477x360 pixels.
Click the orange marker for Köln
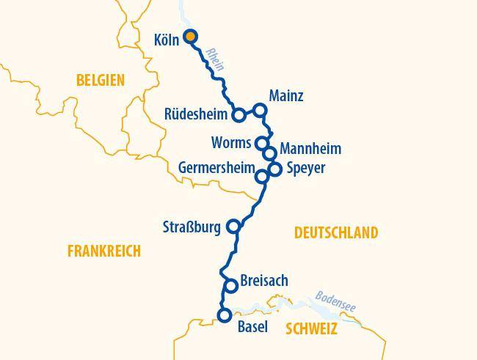tap(190, 36)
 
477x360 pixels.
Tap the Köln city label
tap(167, 40)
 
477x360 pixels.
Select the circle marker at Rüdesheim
tap(238, 115)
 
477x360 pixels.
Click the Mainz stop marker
tap(259, 111)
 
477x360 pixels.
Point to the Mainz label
tap(286, 96)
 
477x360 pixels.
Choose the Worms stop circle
tap(262, 142)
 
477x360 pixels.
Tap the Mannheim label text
tap(310, 149)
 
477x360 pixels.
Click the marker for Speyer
tap(275, 169)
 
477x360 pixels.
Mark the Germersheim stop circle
tap(261, 177)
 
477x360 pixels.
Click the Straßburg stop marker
tap(234, 226)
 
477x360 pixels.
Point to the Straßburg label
tap(191, 227)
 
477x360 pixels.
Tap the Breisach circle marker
tap(230, 286)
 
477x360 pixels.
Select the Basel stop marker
tap(224, 316)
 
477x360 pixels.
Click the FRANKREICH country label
tap(103, 251)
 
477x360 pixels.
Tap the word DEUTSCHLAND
tap(336, 233)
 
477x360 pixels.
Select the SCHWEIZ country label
tap(311, 329)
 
